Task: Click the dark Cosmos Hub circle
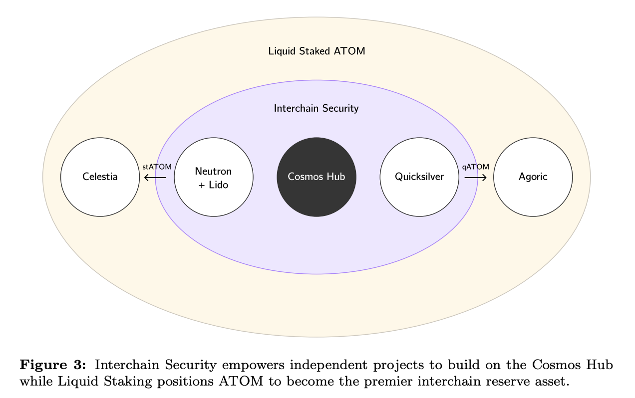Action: click(x=317, y=177)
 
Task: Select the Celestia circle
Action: click(x=100, y=177)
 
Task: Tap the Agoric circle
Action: click(x=533, y=177)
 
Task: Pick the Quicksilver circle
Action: click(x=419, y=177)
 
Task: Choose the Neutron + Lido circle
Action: click(x=214, y=177)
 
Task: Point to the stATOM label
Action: click(x=157, y=167)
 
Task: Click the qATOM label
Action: click(x=476, y=167)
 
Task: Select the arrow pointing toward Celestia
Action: click(x=155, y=178)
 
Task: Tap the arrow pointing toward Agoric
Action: click(x=476, y=178)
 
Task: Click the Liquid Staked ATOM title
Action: click(x=317, y=51)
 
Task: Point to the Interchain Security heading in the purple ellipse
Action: click(x=317, y=108)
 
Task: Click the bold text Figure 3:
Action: click(x=53, y=365)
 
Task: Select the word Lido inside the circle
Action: click(x=219, y=185)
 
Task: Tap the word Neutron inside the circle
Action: click(x=214, y=172)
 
